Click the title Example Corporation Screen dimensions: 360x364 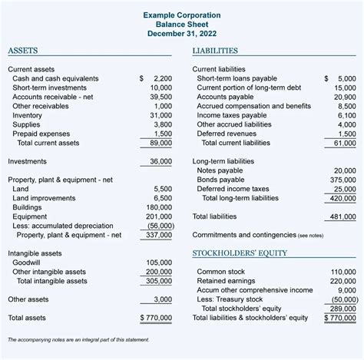[182, 15]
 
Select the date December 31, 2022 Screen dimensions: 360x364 [182, 35]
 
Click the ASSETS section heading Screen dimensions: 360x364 [23, 51]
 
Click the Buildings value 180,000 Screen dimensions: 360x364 [158, 206]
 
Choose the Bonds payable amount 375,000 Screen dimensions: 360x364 [342, 180]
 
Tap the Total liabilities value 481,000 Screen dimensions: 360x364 [342, 216]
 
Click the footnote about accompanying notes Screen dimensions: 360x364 [78, 339]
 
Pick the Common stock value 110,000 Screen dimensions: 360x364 [342, 272]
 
